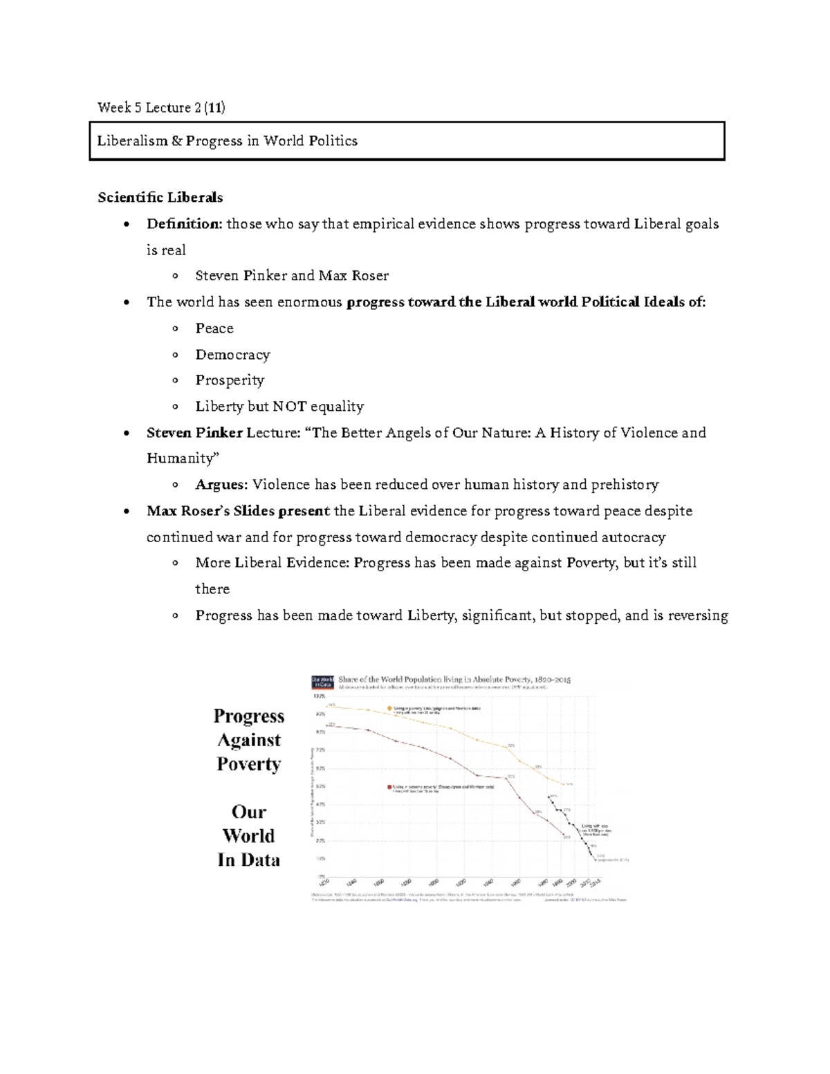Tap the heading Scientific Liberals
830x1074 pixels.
(160, 198)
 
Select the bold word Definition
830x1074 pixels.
(183, 224)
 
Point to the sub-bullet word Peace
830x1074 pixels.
(214, 328)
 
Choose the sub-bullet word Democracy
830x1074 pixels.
(232, 355)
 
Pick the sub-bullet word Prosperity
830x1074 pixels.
(230, 380)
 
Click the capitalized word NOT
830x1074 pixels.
(289, 407)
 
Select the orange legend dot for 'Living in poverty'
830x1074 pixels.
(390, 708)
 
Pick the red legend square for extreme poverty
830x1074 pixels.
(389, 786)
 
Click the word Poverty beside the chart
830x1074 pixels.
(248, 764)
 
